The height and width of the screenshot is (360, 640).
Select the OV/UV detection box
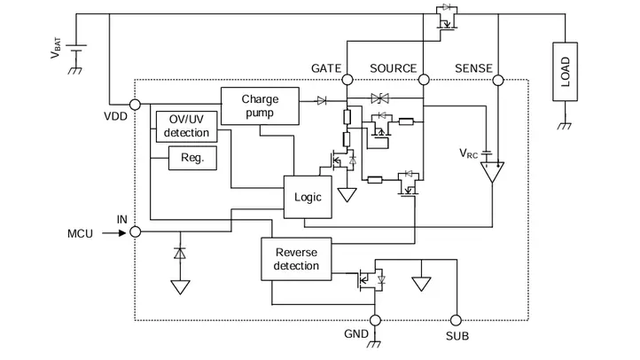[x=186, y=126]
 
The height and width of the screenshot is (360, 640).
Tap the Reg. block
[x=192, y=159]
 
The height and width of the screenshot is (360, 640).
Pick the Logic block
[x=308, y=197]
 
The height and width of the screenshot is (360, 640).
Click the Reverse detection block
[x=296, y=259]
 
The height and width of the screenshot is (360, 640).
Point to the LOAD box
[x=565, y=70]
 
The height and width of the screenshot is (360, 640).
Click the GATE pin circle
[x=347, y=81]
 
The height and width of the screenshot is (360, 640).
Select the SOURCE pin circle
[x=424, y=81]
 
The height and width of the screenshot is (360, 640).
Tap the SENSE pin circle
[x=496, y=81]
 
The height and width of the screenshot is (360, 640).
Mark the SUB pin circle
[x=457, y=320]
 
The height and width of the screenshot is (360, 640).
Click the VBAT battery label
[x=58, y=51]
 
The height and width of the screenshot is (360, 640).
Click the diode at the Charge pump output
[x=322, y=100]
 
